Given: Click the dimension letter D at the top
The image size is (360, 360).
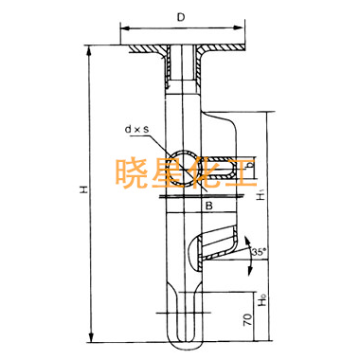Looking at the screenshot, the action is [181, 17].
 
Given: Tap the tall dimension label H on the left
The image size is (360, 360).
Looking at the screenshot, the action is [83, 189].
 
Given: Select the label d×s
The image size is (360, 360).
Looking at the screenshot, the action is [137, 129].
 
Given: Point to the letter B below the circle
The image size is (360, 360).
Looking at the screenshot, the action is [209, 206].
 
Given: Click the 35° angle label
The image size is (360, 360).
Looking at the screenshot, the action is [260, 252].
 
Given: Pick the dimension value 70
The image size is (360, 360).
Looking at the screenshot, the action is [248, 319].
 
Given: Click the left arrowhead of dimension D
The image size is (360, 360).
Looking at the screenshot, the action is [125, 28].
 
